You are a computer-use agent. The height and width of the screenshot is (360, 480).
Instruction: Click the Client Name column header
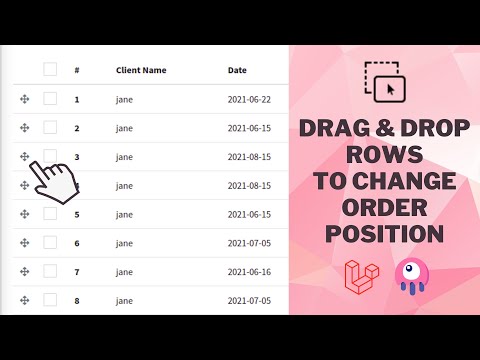click(141, 70)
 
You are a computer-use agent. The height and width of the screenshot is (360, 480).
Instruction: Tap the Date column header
click(237, 70)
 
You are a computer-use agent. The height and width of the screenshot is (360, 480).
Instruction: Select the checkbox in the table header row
click(50, 69)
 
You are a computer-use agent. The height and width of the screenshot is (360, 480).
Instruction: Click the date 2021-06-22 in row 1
click(248, 99)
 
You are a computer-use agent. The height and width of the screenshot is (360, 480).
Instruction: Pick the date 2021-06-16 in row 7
click(248, 272)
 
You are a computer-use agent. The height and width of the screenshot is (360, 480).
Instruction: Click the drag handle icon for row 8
click(23, 300)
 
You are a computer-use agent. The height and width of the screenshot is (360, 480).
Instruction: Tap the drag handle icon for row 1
click(23, 99)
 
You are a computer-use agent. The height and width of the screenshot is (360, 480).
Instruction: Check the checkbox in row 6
click(50, 242)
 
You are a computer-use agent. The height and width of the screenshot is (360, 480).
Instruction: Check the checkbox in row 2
click(50, 127)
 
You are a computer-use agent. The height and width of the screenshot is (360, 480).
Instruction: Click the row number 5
click(77, 214)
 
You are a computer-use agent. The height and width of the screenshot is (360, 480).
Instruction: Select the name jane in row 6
click(124, 243)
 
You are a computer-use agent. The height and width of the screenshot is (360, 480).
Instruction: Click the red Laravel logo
click(360, 275)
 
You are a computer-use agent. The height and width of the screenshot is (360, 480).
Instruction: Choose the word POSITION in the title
click(384, 234)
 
